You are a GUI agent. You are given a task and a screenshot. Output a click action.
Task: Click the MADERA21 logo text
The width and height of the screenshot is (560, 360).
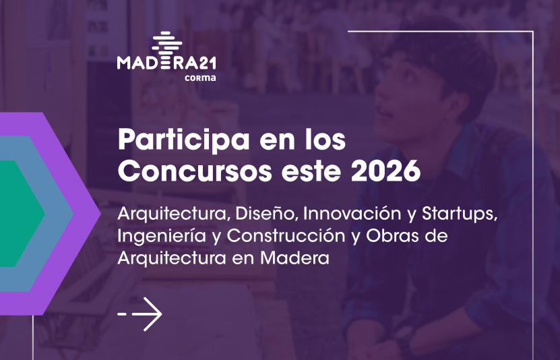tap(166, 63)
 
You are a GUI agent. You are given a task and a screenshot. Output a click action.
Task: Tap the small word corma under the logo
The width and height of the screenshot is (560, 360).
tap(200, 78)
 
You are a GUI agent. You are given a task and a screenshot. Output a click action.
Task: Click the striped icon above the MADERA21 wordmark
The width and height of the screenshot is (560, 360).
tap(166, 42)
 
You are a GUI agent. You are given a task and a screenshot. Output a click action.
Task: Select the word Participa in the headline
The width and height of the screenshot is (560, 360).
tap(183, 140)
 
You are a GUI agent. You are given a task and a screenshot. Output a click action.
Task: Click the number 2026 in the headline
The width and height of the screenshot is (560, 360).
tap(385, 171)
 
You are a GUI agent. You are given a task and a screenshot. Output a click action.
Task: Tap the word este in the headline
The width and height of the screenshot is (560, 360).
tap(311, 172)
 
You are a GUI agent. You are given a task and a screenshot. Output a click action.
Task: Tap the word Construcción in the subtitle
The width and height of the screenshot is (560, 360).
tap(286, 236)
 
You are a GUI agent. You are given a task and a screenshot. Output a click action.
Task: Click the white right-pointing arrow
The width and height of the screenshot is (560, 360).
tap(139, 314)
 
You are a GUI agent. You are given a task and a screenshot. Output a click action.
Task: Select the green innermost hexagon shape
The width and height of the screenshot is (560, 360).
tap(21, 214)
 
